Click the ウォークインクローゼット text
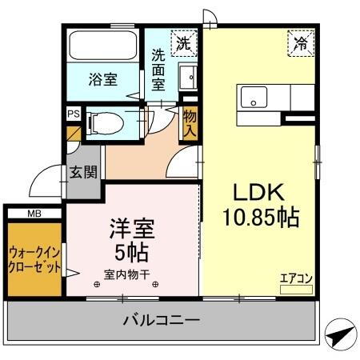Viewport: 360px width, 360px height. point(34,259)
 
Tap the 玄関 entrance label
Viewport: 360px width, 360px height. point(82,171)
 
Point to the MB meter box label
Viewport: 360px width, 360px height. point(34,214)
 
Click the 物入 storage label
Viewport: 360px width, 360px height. point(190,122)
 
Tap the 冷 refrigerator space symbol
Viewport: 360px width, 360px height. point(301,43)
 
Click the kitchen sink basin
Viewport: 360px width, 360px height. point(253,100)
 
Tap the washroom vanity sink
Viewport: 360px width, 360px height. point(188,78)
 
